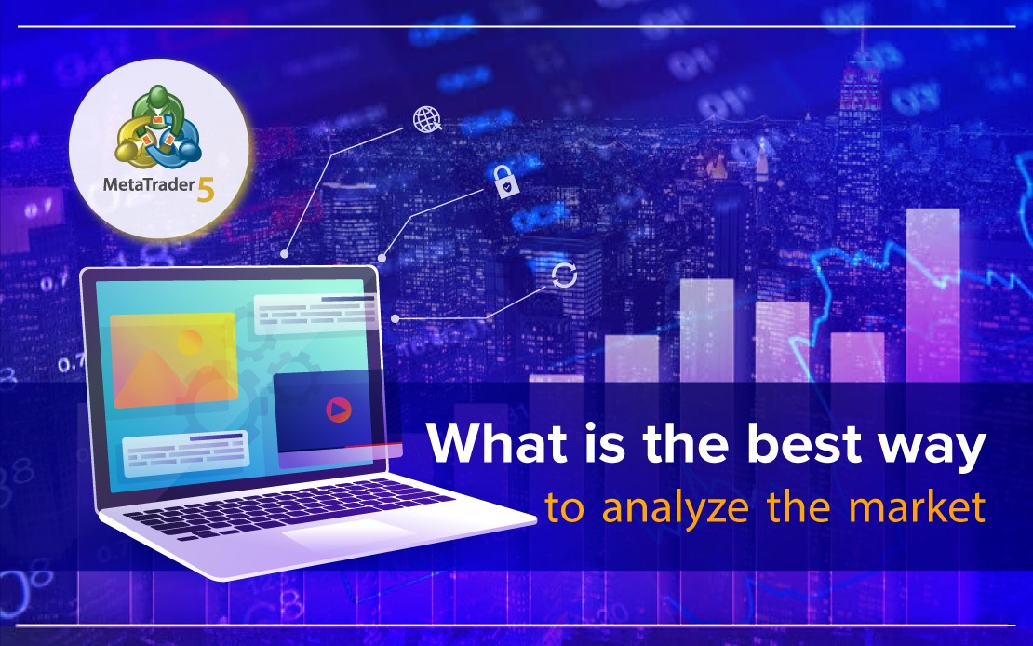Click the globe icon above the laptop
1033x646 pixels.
[427, 118]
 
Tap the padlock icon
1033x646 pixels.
[505, 182]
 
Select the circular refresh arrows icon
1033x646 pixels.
[564, 276]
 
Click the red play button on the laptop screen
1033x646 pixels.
[339, 410]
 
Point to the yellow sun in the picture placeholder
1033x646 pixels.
[190, 342]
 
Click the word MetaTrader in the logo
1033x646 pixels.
[149, 184]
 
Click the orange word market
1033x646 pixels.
[917, 507]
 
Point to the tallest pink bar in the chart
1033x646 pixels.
[932, 295]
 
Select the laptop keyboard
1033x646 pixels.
[289, 507]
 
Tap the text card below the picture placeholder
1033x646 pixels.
[185, 450]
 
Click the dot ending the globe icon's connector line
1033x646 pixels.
[285, 254]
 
